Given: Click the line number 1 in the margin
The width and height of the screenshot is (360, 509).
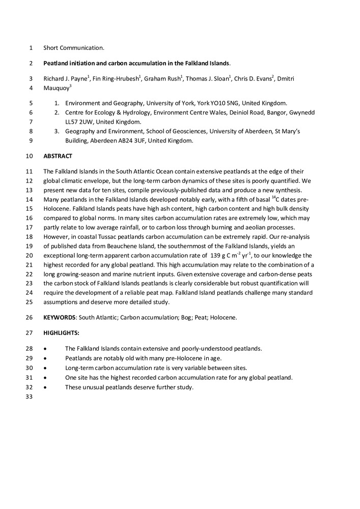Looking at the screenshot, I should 31,48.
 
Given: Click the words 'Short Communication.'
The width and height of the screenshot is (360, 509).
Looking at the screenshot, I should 74,48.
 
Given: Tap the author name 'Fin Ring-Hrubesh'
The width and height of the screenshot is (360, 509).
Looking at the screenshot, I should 115,79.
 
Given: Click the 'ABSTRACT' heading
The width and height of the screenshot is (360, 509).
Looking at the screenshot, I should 58,156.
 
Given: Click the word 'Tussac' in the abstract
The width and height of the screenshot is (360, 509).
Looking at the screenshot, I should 101,237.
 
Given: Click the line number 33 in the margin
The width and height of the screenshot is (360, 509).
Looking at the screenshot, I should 29,397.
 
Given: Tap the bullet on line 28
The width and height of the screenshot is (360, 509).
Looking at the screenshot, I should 46,349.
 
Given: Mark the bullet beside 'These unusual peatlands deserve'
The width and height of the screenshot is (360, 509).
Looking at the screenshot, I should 46,387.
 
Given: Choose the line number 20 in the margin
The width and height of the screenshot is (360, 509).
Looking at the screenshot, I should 29,256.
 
